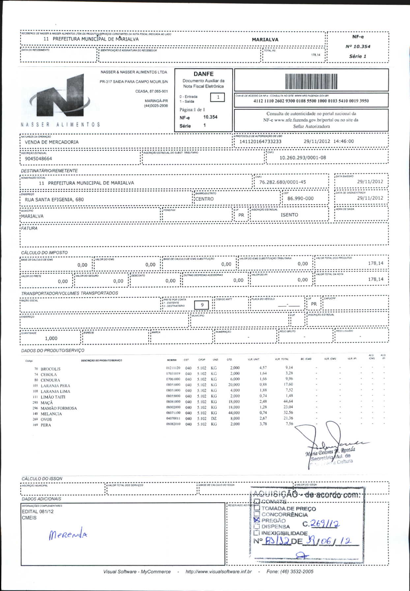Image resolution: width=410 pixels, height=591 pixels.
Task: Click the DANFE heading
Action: click(x=203, y=74)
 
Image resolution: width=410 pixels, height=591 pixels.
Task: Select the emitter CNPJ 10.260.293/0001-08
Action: click(x=303, y=158)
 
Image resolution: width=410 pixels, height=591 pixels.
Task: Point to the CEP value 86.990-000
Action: click(x=300, y=199)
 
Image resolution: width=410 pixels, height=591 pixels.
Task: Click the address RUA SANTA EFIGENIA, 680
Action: click(x=54, y=200)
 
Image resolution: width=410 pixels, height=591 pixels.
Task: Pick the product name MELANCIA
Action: click(x=51, y=414)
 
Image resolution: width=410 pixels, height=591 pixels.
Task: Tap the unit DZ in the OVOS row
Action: click(x=214, y=418)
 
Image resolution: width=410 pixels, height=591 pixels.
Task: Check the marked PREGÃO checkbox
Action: click(x=257, y=520)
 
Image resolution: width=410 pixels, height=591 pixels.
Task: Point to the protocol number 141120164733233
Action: click(x=260, y=142)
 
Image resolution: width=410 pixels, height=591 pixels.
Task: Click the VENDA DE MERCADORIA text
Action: click(x=52, y=142)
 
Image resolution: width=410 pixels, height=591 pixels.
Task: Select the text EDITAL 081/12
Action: click(x=38, y=511)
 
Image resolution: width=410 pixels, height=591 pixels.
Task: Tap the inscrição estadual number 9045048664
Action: click(x=39, y=159)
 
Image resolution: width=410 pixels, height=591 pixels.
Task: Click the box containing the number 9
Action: click(x=202, y=305)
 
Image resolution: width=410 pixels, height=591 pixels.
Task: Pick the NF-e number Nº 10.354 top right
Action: click(x=358, y=47)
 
